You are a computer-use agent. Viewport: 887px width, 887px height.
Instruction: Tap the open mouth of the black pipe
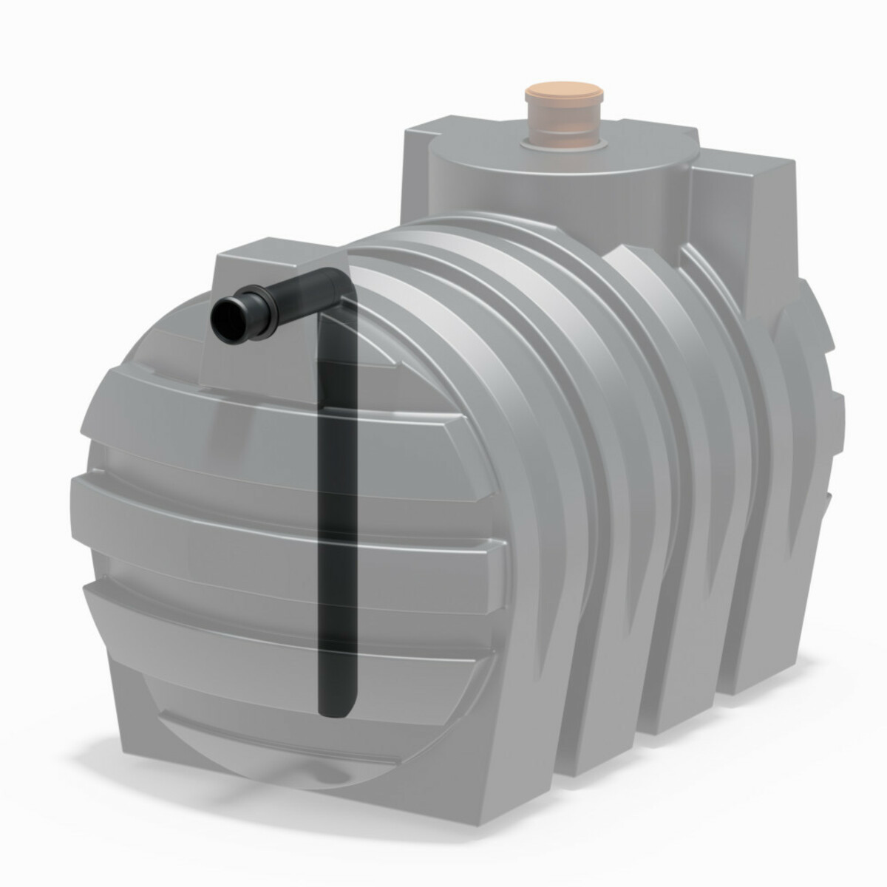(228, 318)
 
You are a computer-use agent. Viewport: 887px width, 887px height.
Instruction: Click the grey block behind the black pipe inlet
(281, 266)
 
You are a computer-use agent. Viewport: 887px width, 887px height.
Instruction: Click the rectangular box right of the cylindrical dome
(747, 222)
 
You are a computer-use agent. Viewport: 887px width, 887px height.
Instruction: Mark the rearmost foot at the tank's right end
(769, 665)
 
